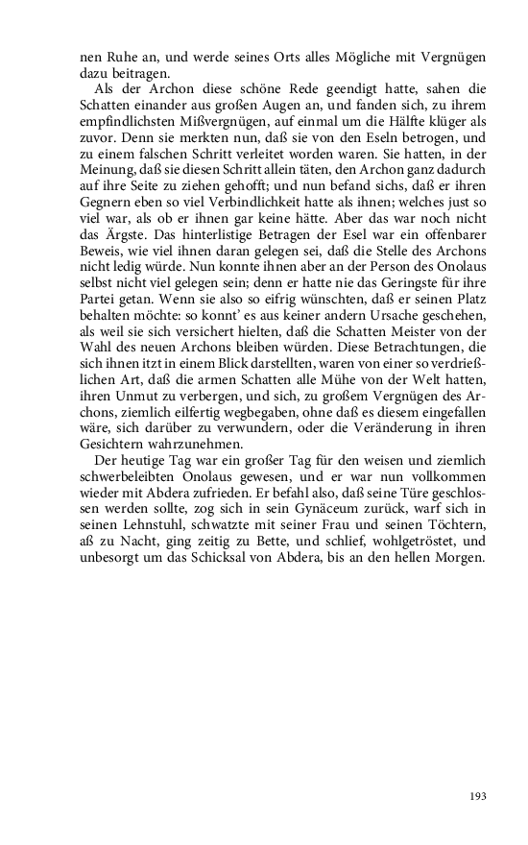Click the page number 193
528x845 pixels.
point(478,796)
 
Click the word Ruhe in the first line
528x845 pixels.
point(120,56)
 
